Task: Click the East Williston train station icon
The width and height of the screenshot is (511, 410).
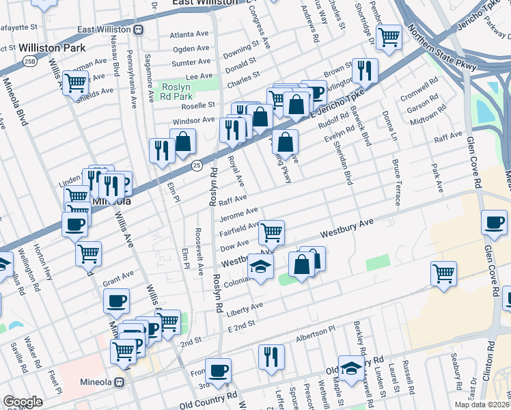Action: tap(139, 29)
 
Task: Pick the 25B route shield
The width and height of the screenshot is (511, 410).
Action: tap(29, 62)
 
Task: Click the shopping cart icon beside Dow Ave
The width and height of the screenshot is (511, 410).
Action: tap(272, 232)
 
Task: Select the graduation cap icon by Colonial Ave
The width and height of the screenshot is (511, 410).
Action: tap(260, 266)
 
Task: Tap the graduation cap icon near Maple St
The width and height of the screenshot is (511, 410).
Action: tap(351, 367)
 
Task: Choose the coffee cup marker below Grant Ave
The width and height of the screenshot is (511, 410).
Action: tap(117, 300)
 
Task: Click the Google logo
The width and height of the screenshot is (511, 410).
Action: tap(23, 401)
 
